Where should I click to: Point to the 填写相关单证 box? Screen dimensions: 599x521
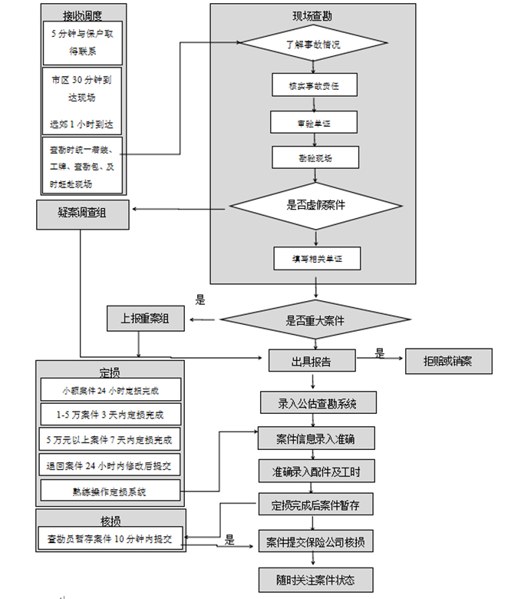tap(316, 258)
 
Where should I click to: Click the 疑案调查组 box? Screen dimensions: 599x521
tap(83, 214)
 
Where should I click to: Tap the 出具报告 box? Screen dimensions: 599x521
tap(312, 361)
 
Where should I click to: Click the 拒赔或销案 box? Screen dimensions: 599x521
tap(448, 361)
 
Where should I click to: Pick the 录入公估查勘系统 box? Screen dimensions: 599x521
tap(316, 402)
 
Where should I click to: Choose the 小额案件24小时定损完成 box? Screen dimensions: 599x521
tap(111, 389)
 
